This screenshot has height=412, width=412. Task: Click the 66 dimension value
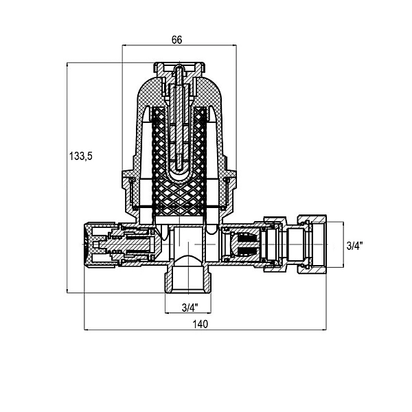pos(176,40)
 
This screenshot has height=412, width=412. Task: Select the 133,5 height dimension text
pos(81,156)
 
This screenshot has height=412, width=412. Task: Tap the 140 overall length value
pos(201,324)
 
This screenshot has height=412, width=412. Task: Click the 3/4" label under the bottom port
pos(190,307)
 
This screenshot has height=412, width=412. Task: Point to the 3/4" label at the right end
pos(355,246)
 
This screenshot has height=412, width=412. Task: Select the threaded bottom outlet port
pos(188,279)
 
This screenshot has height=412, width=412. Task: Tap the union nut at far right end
pos(312,244)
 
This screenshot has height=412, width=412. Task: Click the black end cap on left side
pos(89,245)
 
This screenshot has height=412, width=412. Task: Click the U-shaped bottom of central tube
pos(179,174)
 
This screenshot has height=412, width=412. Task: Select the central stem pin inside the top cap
pos(179,118)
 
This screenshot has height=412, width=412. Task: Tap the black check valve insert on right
pos(244,244)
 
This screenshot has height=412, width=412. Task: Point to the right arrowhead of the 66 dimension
pos(234,45)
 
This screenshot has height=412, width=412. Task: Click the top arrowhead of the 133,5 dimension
pos(67,65)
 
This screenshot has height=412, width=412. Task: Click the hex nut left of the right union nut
pos(275,244)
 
